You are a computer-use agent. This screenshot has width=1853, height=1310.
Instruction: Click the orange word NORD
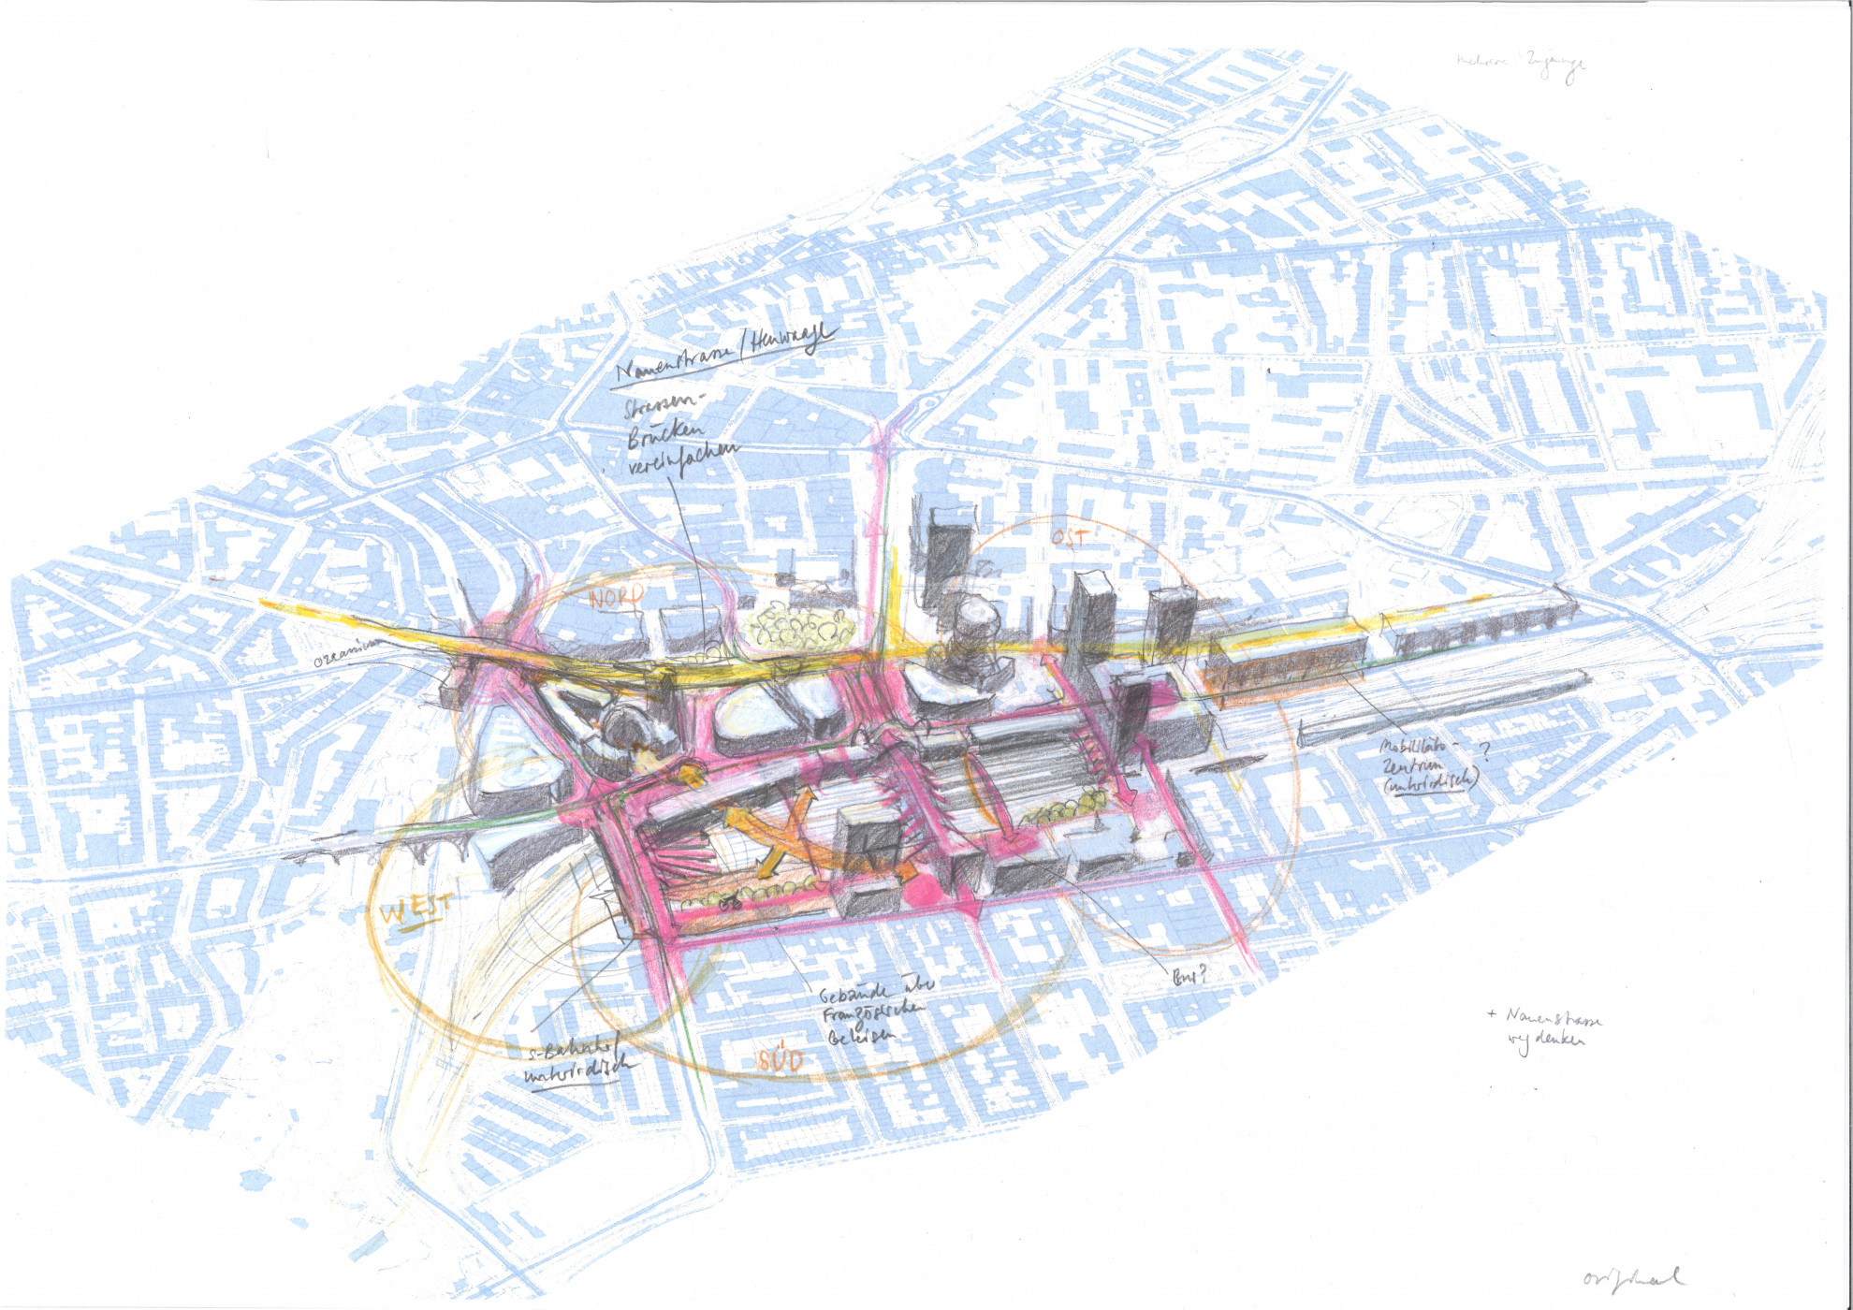615,596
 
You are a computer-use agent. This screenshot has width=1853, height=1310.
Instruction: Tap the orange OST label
1069,537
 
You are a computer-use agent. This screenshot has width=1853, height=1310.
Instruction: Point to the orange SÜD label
781,1059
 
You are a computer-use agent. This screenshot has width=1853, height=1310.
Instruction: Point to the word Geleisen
860,1035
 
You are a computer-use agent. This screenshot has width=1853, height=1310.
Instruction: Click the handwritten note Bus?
1189,977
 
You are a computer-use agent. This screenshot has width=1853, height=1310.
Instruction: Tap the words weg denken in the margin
1546,1041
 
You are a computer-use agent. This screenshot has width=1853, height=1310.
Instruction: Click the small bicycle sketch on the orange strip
731,902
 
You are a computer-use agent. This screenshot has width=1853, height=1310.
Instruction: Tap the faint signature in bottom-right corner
1631,1276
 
